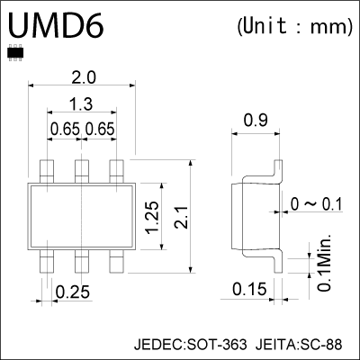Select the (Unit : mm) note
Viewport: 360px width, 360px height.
pyautogui.click(x=293, y=26)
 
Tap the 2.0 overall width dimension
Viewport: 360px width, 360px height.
pyautogui.click(x=81, y=78)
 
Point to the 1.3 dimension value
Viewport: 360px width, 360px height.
pyautogui.click(x=81, y=104)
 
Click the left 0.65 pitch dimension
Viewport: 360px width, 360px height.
pyautogui.click(x=65, y=130)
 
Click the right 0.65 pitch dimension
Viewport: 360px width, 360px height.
pyautogui.click(x=99, y=130)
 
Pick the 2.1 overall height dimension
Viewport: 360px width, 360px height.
pyautogui.click(x=183, y=217)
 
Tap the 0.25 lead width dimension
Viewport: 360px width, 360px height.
pyautogui.click(x=71, y=292)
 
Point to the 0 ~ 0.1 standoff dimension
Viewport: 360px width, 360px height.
pyautogui.click(x=318, y=204)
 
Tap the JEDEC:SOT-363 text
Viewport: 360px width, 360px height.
pyautogui.click(x=188, y=344)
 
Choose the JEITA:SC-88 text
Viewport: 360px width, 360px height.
pyautogui.click(x=299, y=344)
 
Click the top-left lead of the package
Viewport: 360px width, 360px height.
pyautogui.click(x=47, y=169)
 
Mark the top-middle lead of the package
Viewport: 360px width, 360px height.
pyautogui.click(x=81, y=169)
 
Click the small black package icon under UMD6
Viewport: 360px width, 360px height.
pyautogui.click(x=13, y=53)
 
